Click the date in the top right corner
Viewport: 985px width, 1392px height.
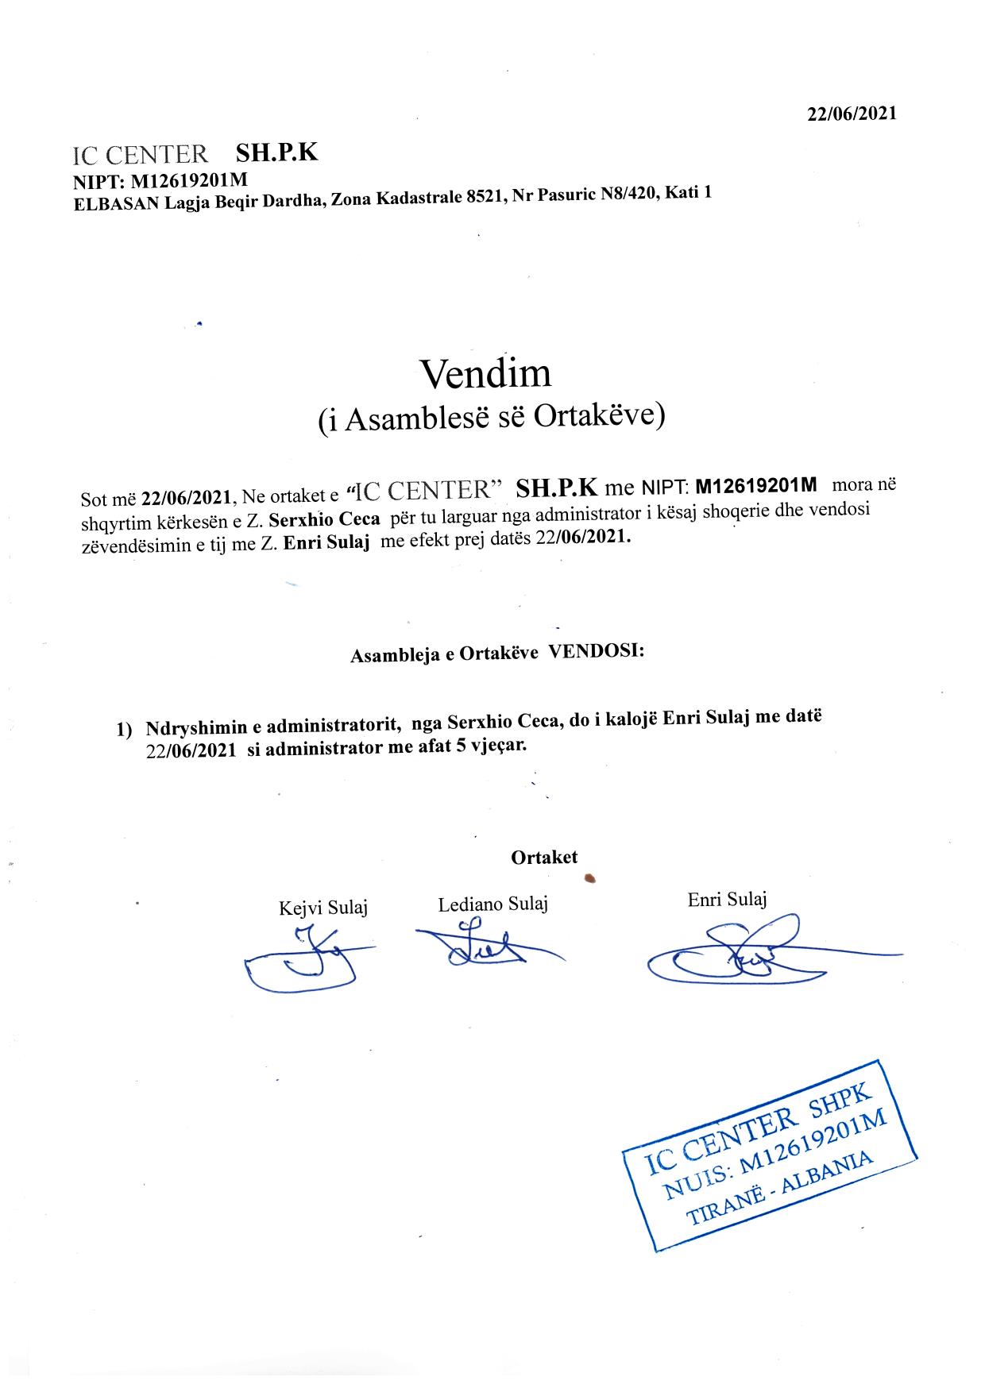click(x=852, y=114)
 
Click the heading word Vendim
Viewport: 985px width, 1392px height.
click(x=485, y=373)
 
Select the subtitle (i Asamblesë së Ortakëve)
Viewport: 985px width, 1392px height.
click(x=491, y=416)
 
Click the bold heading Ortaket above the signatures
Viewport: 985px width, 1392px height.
click(x=544, y=857)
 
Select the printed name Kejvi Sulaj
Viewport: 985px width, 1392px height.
click(x=323, y=907)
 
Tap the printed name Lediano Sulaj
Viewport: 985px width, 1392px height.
click(x=492, y=904)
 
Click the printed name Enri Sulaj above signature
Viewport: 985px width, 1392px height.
click(x=727, y=900)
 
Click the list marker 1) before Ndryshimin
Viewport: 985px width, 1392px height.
click(x=125, y=729)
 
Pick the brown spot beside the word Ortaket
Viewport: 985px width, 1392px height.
click(x=589, y=877)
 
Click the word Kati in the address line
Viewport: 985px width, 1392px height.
click(x=682, y=193)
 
